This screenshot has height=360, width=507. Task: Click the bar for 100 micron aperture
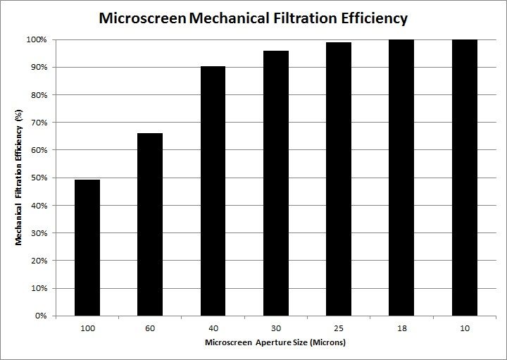pos(87,247)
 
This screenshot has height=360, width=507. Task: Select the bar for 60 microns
pos(150,224)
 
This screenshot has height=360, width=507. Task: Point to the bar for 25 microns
pos(339,179)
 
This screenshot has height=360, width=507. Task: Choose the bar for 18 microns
pos(401,178)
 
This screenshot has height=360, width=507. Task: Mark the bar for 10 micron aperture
pos(464,178)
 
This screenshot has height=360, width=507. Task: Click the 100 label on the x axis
pos(87,328)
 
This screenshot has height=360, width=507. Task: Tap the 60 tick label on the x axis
pos(150,328)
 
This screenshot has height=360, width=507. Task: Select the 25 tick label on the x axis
pos(339,328)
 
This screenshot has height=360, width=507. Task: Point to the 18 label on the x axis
pos(401,328)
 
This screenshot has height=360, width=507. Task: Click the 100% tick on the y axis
pos(37,39)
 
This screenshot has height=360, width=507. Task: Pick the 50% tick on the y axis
pos(39,178)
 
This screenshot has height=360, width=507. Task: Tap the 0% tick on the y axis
pos(42,316)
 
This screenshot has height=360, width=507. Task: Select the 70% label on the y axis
pos(39,123)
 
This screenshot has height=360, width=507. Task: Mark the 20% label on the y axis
pos(39,261)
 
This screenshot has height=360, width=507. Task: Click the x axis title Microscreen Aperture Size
pos(275,343)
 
